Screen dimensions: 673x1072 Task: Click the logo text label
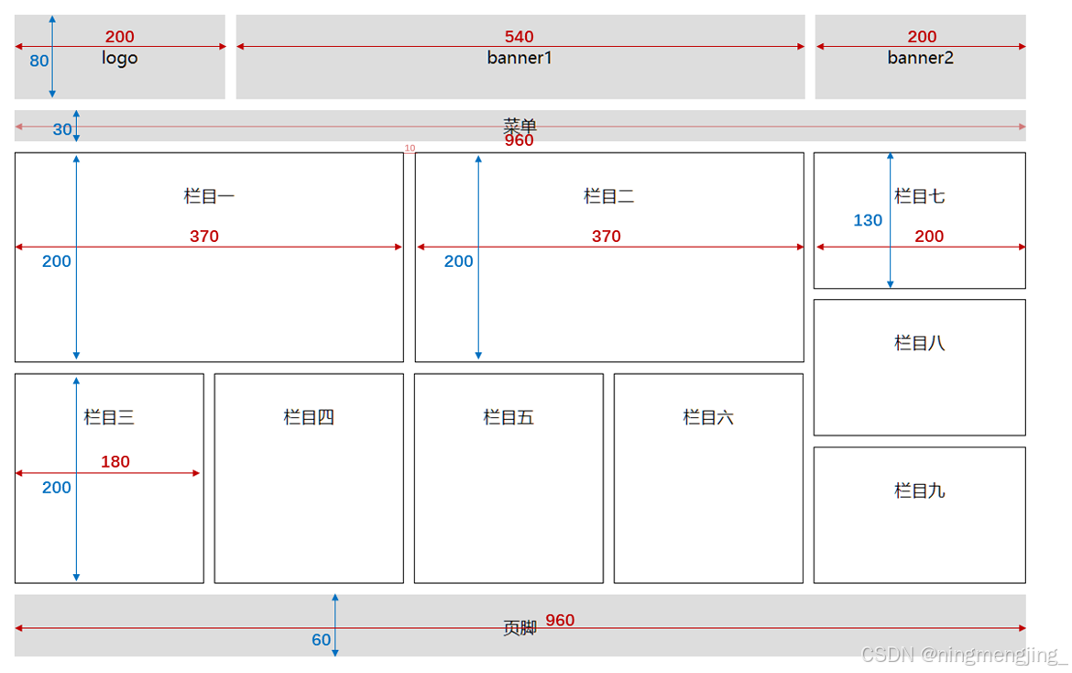(x=119, y=58)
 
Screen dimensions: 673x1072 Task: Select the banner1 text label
(x=520, y=58)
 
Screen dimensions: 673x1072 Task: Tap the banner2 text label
(x=920, y=58)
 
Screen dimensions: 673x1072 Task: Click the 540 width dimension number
(x=519, y=37)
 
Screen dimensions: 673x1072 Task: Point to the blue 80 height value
(x=39, y=61)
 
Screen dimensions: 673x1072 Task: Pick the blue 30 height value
(x=62, y=129)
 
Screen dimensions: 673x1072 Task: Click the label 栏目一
(x=209, y=196)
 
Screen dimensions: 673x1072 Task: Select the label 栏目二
(x=609, y=196)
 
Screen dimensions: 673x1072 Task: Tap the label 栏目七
(x=920, y=196)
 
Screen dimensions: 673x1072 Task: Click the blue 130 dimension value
(x=868, y=220)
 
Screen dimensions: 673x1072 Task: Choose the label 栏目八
(x=920, y=343)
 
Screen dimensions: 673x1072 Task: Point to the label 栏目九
(x=920, y=491)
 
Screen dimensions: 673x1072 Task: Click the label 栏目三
(x=109, y=417)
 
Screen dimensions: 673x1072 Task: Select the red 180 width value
(x=115, y=461)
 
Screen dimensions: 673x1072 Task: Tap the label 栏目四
(x=309, y=417)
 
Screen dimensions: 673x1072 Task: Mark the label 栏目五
(x=509, y=417)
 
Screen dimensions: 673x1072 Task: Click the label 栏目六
(x=708, y=417)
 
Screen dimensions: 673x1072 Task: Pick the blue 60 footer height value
(x=321, y=640)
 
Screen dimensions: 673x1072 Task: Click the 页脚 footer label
(x=520, y=628)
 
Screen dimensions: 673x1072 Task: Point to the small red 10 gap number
(x=410, y=148)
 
